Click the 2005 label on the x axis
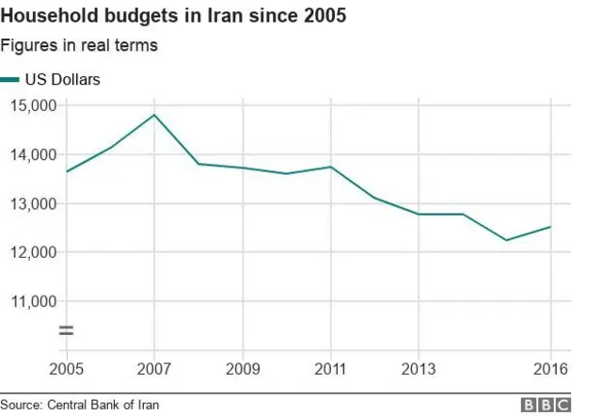click(x=66, y=367)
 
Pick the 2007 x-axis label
click(x=155, y=367)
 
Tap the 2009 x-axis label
click(x=244, y=367)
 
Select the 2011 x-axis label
click(x=331, y=367)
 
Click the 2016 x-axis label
click(x=549, y=367)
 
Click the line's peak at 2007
click(x=155, y=115)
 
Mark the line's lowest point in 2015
click(x=507, y=240)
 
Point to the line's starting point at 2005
click(x=66, y=171)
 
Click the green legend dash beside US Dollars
click(x=9, y=81)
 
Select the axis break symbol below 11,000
click(x=66, y=330)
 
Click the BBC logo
click(x=547, y=405)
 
